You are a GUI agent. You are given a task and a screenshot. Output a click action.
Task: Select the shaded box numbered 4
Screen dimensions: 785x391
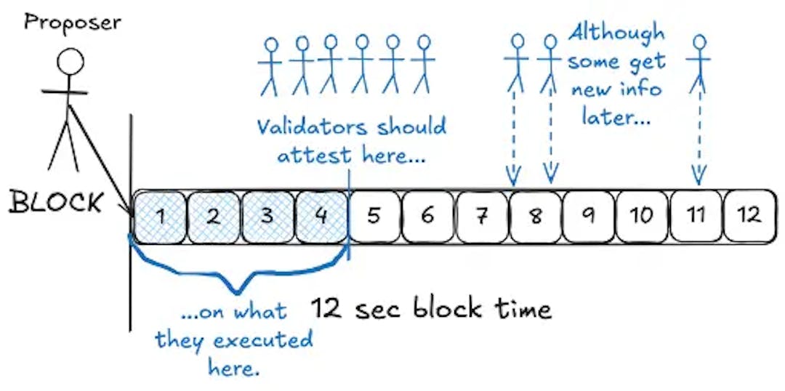321,216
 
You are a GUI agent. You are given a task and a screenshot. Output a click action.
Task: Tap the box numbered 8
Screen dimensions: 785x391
536,216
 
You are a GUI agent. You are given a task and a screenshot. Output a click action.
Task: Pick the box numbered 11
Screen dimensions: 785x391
696,216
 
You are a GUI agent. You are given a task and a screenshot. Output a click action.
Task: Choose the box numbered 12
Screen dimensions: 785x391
749,216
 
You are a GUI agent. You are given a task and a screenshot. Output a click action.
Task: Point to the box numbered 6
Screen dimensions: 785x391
427,216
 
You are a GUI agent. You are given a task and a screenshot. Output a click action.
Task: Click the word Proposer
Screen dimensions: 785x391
73,22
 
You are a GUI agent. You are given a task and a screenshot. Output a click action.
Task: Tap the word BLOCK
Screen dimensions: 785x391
55,203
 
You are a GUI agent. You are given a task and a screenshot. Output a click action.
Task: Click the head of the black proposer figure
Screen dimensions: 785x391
71,62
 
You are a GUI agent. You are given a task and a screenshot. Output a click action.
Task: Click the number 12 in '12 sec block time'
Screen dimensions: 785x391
327,309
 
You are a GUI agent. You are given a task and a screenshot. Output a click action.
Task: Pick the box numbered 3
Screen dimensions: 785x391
267,216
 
